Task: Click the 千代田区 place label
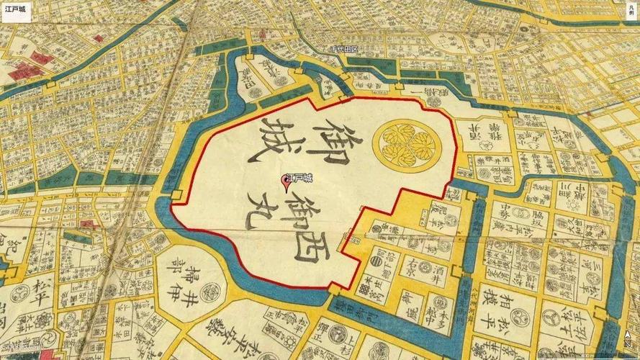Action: (345, 50)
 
